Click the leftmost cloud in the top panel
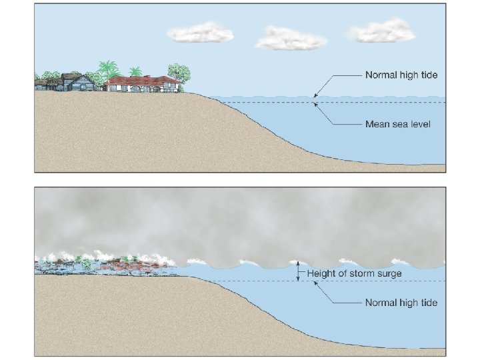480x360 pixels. (200, 32)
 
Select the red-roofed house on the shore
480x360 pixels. (141, 83)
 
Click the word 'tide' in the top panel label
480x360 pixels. (427, 75)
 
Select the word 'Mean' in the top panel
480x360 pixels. (377, 124)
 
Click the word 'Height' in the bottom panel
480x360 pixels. (321, 273)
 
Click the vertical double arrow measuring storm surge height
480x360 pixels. (299, 271)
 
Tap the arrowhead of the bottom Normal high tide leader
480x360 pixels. (317, 284)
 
